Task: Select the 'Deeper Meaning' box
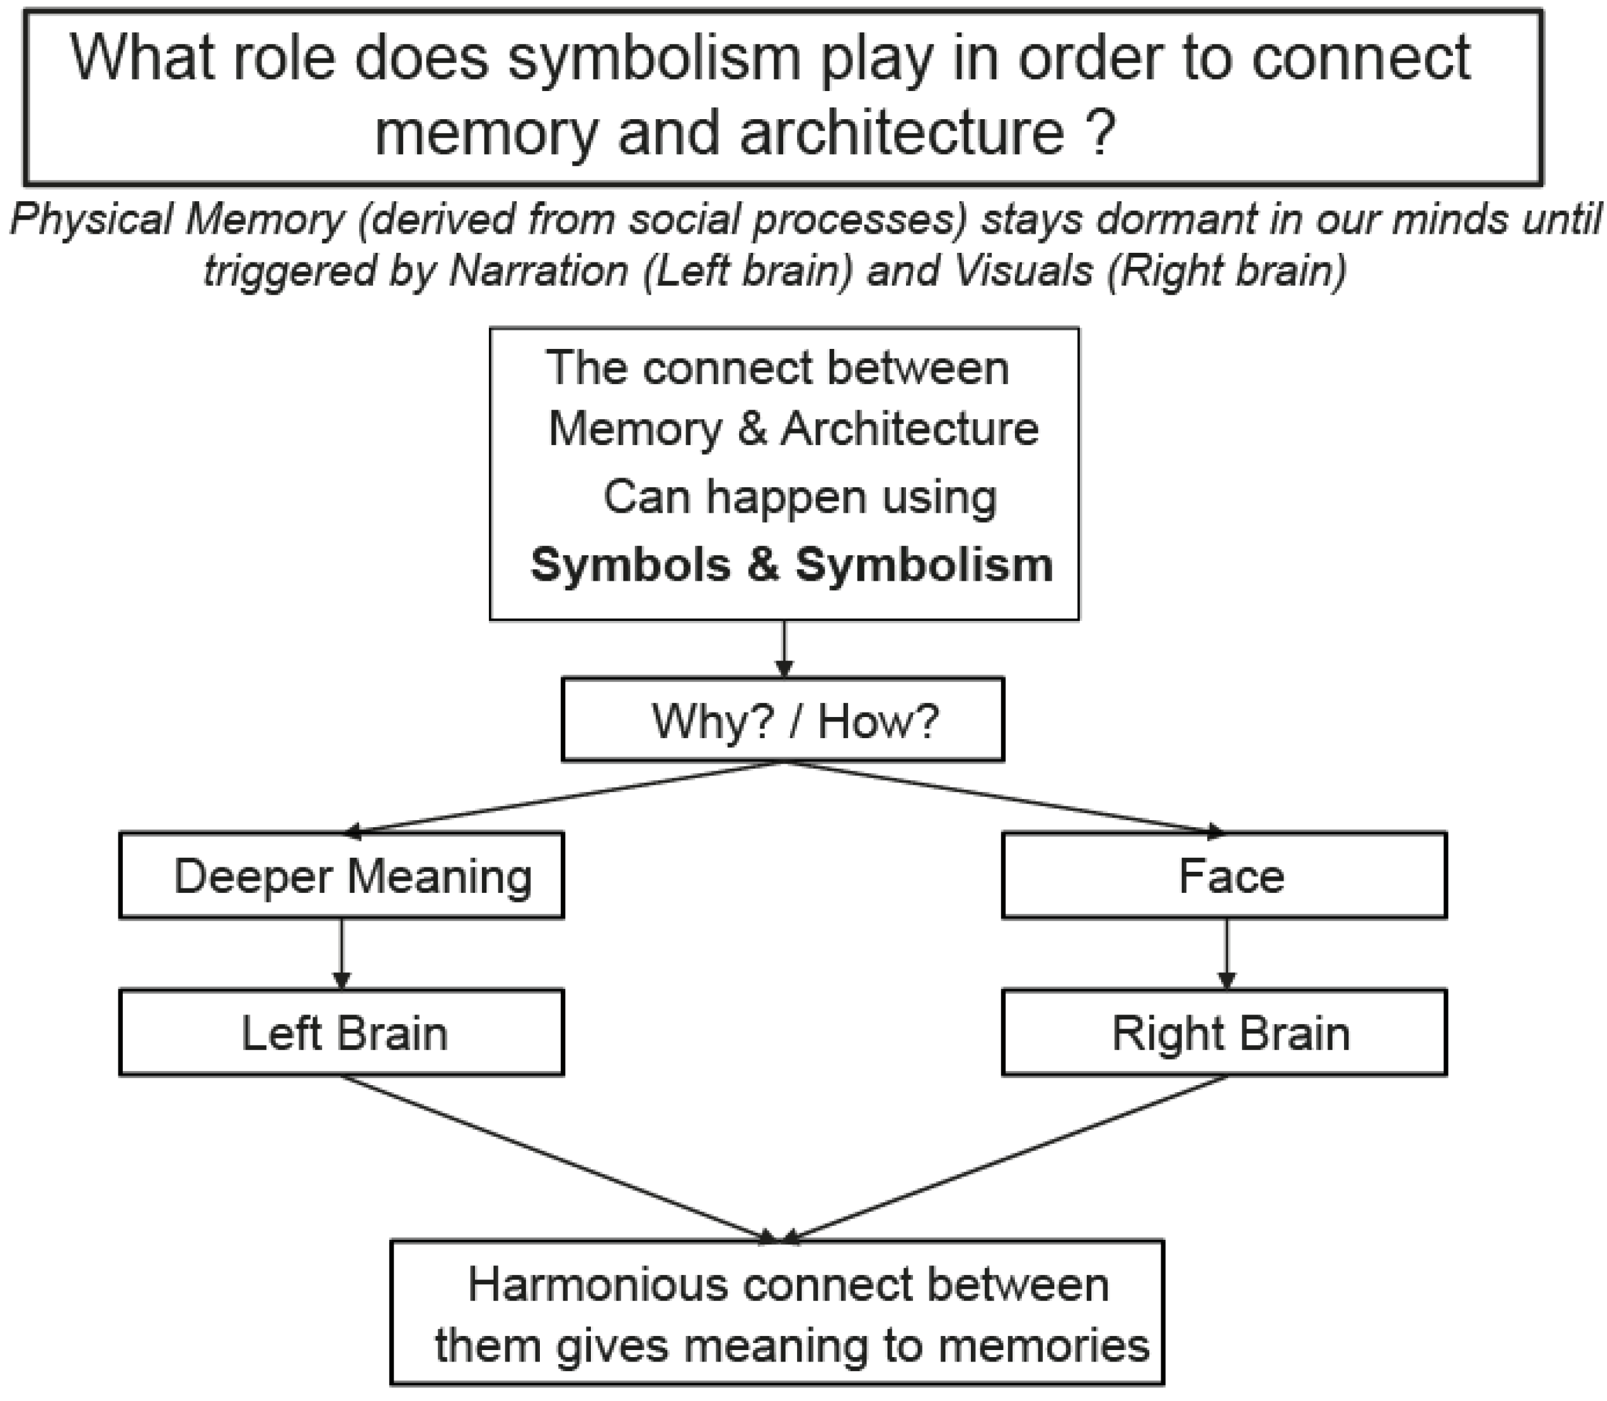341,876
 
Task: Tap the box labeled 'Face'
1224,876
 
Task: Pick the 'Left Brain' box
341,1033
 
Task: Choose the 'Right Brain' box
1224,1033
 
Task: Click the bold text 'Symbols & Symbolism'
791,564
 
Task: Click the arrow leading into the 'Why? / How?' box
784,649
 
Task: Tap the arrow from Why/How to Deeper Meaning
563,797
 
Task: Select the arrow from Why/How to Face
1005,797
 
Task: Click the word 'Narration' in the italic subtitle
539,271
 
